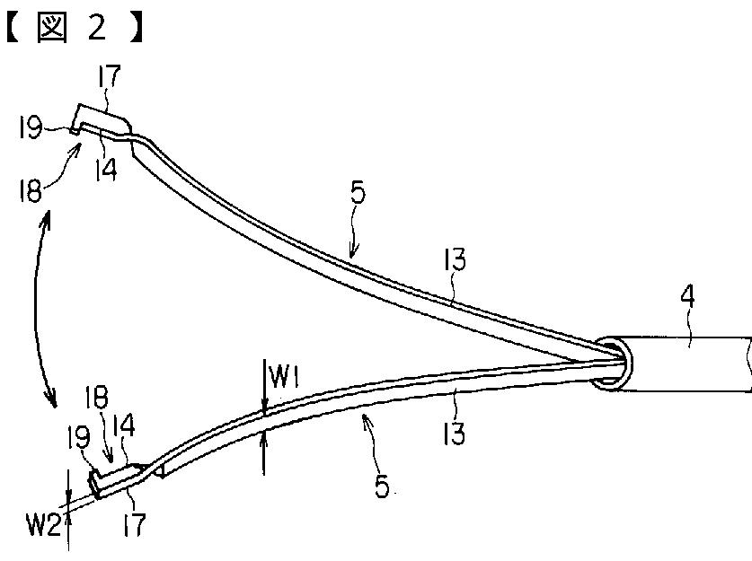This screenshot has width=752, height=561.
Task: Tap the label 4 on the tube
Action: click(690, 316)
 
